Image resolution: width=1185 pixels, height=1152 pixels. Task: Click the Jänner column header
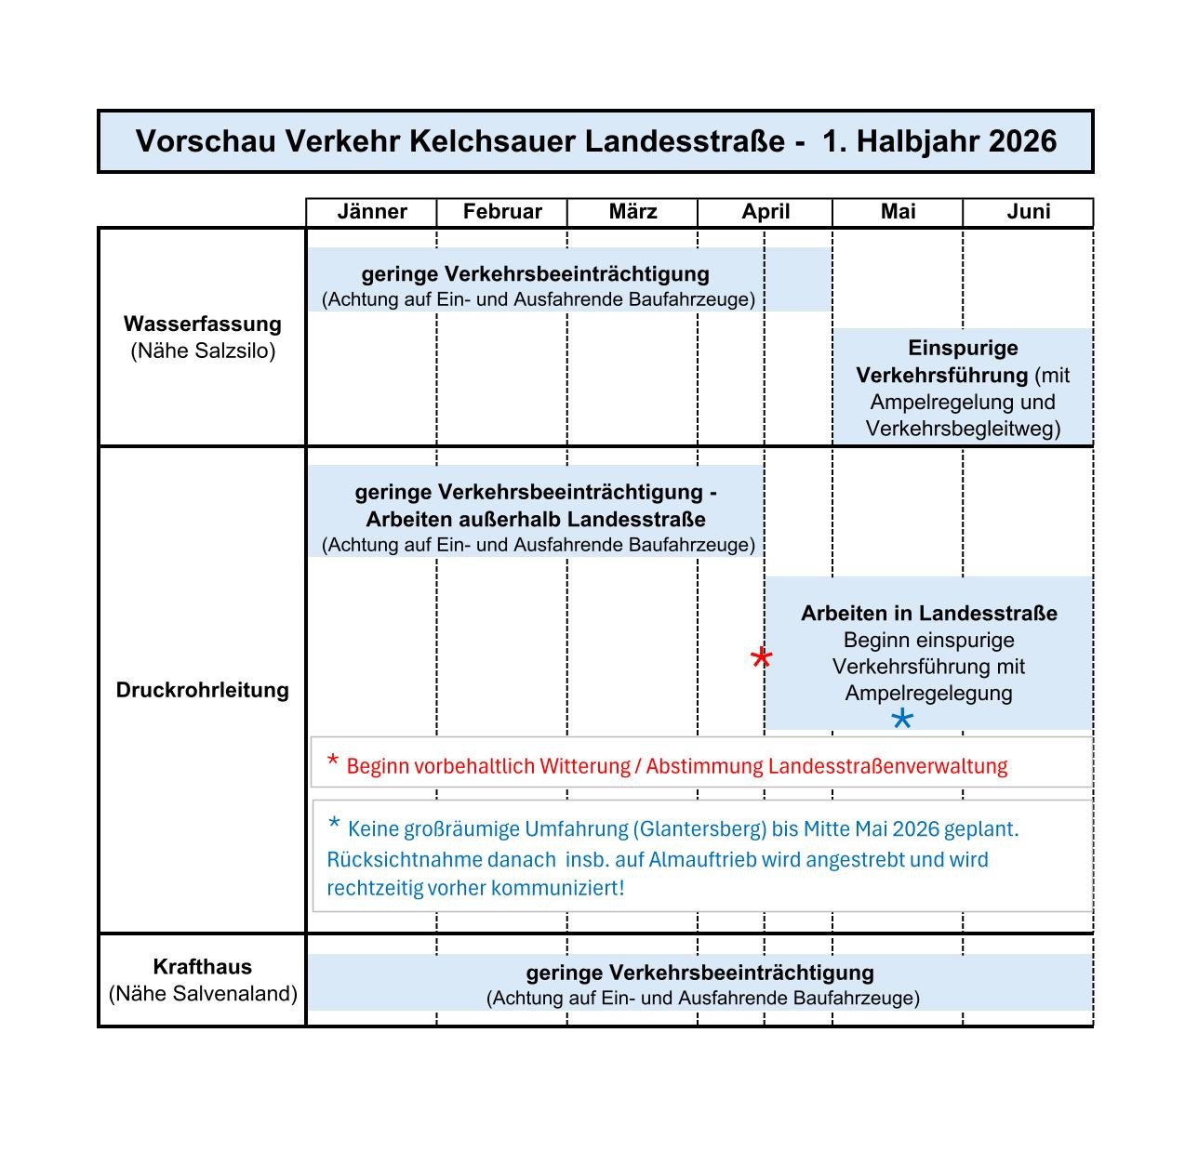click(372, 212)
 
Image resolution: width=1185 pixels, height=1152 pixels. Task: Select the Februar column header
click(502, 212)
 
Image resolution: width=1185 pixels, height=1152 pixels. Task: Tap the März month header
click(632, 212)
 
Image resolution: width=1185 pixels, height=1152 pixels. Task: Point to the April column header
click(766, 212)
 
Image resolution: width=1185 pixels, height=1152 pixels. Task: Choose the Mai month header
click(898, 212)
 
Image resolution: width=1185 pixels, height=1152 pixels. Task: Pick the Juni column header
click(1028, 212)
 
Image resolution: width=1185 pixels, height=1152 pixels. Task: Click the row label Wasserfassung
click(203, 324)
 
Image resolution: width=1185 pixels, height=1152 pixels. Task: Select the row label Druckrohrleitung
click(203, 690)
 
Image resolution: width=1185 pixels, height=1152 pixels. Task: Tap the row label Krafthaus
click(203, 967)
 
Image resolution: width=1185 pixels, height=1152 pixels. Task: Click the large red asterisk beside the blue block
click(761, 659)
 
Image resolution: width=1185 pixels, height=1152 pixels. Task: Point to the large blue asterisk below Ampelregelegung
click(901, 719)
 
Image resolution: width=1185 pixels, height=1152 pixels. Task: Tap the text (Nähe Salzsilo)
click(203, 351)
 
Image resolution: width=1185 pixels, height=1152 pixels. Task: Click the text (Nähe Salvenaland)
click(203, 994)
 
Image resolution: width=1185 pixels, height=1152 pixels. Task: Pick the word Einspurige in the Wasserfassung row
click(963, 348)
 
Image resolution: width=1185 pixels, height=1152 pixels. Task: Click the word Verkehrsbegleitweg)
click(963, 429)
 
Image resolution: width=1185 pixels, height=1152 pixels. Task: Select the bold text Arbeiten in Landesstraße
click(928, 614)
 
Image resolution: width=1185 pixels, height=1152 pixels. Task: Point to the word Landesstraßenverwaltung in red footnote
click(887, 766)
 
